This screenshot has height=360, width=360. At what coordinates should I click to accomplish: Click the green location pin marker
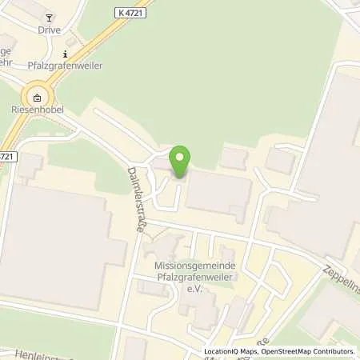180,161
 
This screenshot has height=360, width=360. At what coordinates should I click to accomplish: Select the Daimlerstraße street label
136,200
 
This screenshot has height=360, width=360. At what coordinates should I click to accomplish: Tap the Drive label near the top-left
49,29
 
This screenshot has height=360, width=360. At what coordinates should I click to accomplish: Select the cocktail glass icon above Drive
49,17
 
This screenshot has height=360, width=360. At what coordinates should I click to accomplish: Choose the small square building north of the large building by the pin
234,158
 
